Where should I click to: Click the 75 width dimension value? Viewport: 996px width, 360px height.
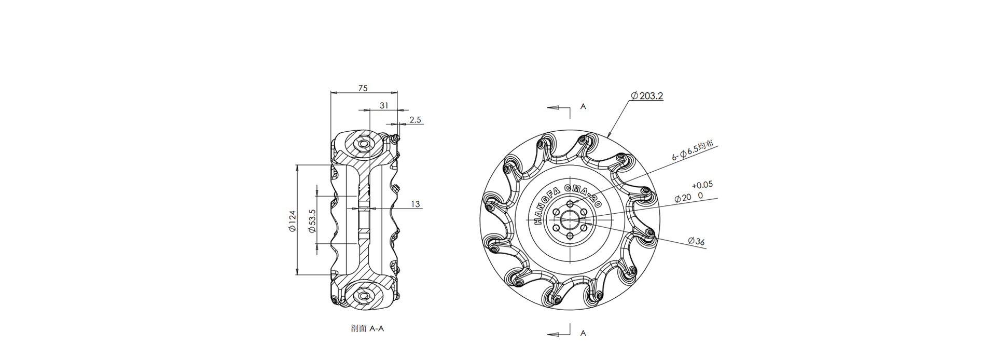363,88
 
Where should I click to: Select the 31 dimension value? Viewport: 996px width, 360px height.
384,105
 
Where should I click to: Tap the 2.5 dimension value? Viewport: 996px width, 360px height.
415,120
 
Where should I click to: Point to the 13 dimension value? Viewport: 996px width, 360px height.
415,204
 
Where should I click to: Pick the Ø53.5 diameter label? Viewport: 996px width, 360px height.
312,221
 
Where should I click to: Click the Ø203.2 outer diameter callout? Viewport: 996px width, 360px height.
647,95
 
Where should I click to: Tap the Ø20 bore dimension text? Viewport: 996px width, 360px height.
683,198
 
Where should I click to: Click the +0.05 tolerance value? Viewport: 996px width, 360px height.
702,184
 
